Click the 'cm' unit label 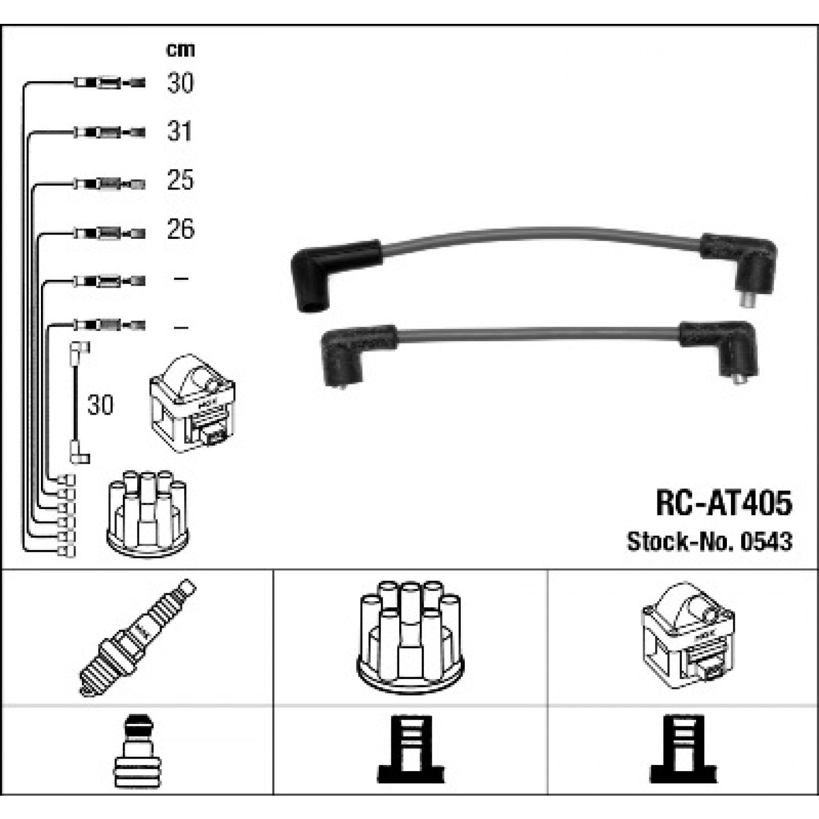pos(180,50)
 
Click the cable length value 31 pos(180,131)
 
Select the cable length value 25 pos(180,180)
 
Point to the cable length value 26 pos(181,230)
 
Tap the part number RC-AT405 pos(724,504)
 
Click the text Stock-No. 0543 pos(709,541)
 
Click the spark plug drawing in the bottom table pos(137,638)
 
